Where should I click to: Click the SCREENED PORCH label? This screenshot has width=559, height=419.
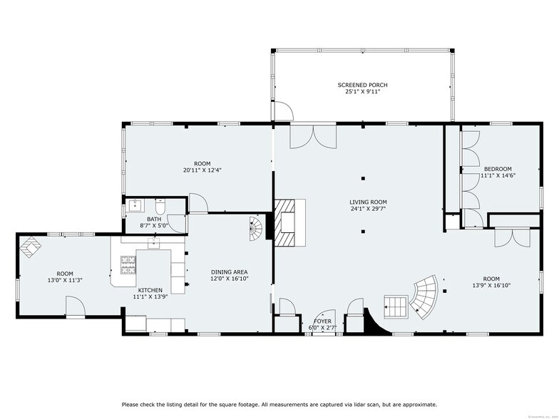pos(362,85)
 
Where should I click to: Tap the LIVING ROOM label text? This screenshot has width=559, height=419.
pos(363,202)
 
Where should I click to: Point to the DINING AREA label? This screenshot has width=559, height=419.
pos(229,272)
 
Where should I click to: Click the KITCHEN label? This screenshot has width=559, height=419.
pos(150,290)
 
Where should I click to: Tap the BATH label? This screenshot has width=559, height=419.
pos(154,219)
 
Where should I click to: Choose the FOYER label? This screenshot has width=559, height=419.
pos(323,321)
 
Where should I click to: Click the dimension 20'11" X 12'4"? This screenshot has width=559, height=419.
pos(198,170)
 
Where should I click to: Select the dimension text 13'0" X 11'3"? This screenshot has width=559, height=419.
pos(65,280)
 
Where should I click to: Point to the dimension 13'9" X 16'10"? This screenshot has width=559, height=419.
pos(491,285)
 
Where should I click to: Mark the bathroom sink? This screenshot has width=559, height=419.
pos(133,205)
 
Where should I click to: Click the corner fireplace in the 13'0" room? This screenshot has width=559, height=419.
pos(31,246)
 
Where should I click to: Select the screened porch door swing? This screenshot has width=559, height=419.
pos(283,111)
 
